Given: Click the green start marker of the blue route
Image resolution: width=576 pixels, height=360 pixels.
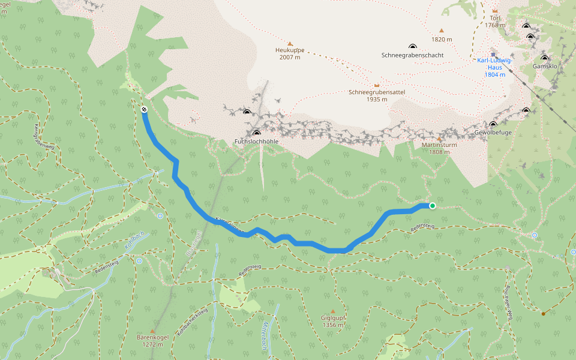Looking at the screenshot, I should coord(432,206).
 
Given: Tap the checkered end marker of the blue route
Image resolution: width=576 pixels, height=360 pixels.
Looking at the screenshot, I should coord(144,109).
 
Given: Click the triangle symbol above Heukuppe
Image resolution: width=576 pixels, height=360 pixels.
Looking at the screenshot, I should coord(290,44).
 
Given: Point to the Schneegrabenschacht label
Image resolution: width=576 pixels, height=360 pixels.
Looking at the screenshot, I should coord(412,55).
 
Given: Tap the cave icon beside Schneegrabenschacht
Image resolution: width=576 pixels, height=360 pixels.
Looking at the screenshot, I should coord(412,47).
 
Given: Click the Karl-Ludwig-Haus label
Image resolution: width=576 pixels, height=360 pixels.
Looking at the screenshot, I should coord(494,67).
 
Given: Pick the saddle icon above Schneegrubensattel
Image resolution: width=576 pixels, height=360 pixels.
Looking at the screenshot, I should coord(377,86).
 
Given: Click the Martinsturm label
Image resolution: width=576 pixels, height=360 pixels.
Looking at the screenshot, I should coord(440,148).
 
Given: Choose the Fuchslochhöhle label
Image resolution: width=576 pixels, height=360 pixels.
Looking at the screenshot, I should coord(256,142).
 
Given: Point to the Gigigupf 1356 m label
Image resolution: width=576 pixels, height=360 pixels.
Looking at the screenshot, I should coord(332,322).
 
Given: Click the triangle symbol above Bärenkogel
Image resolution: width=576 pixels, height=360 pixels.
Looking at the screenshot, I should coord(152,331).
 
